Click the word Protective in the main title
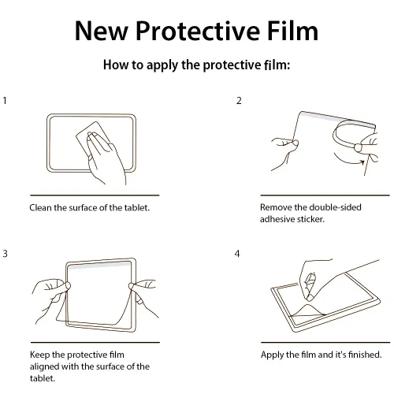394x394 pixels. (x=194, y=31)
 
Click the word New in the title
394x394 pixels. (x=102, y=31)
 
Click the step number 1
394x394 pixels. (x=6, y=102)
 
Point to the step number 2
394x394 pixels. (x=239, y=102)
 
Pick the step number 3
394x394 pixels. (x=6, y=254)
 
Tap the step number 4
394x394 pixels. (x=238, y=254)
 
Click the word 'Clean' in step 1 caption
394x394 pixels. (x=42, y=207)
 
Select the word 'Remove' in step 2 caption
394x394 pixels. (x=277, y=207)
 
